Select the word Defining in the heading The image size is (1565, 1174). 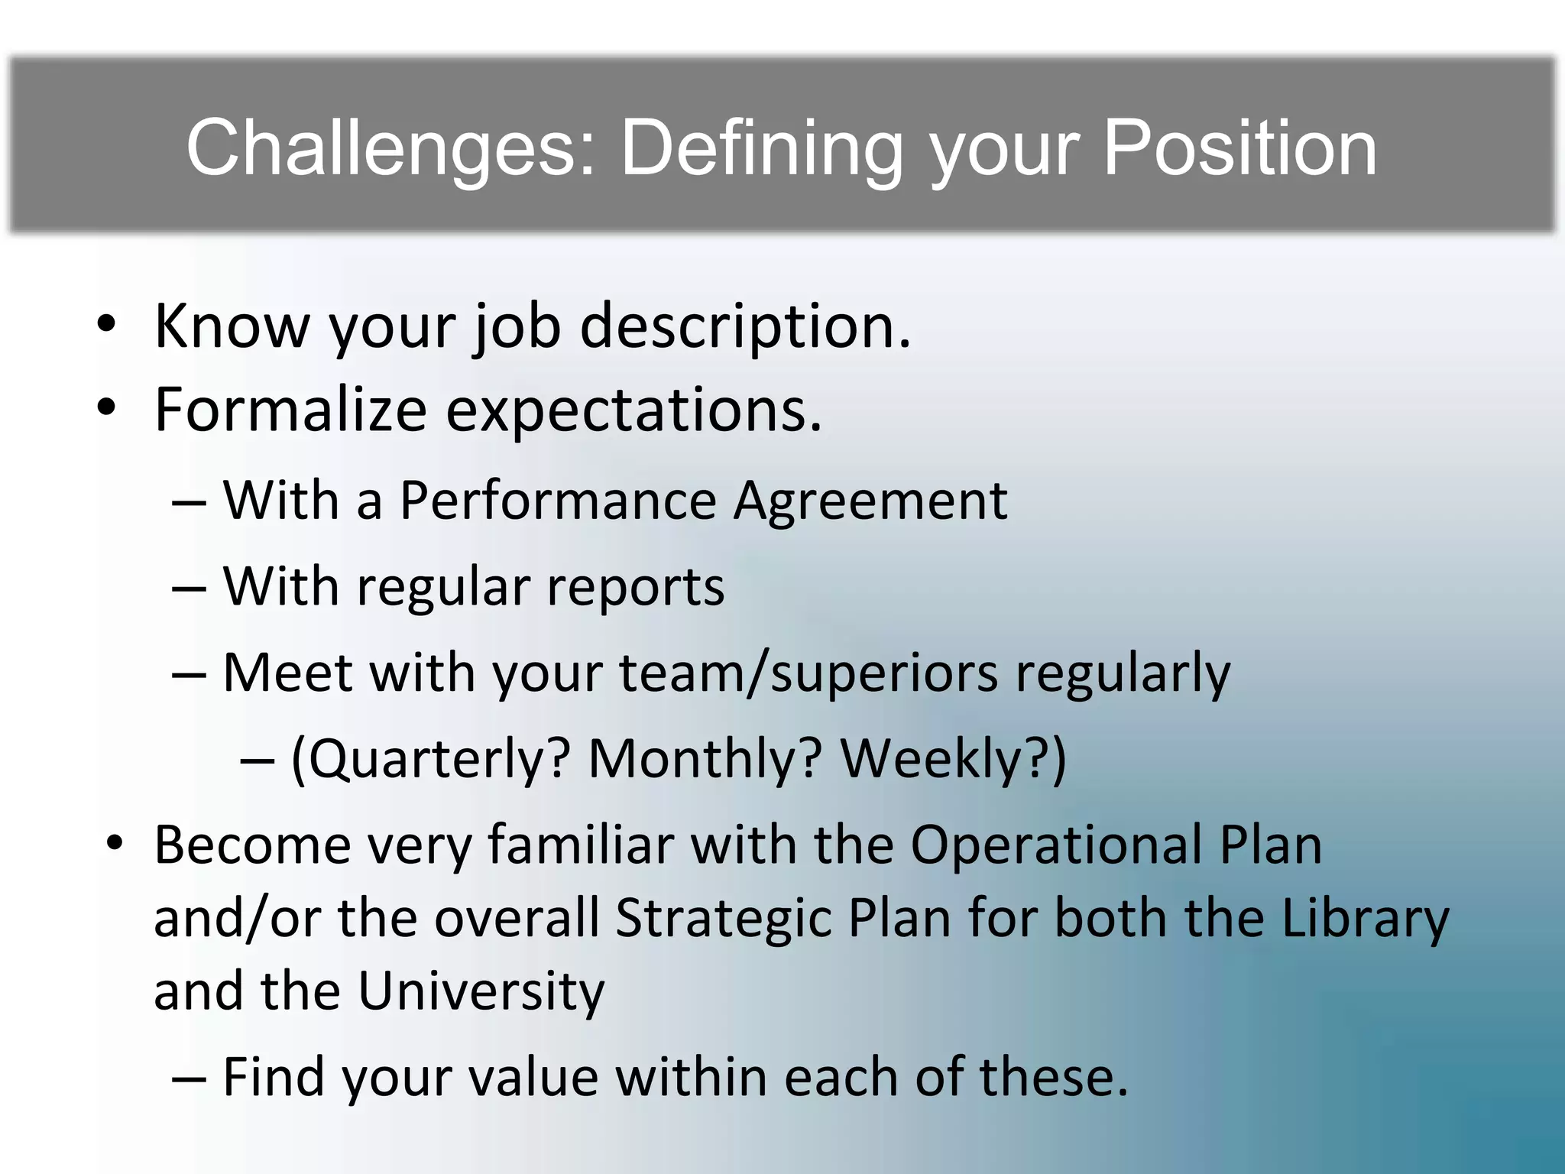coord(761,148)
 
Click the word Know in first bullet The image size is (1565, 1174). coord(232,326)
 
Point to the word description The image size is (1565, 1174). coord(745,326)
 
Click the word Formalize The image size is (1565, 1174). coord(290,410)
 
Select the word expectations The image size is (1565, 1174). coord(633,410)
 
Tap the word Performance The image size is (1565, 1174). coord(558,501)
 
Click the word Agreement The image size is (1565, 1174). coord(870,501)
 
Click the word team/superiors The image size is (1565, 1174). coord(808,673)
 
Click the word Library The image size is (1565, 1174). coord(1365,917)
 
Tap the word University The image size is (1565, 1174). coord(481,991)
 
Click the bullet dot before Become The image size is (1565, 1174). coord(115,844)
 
